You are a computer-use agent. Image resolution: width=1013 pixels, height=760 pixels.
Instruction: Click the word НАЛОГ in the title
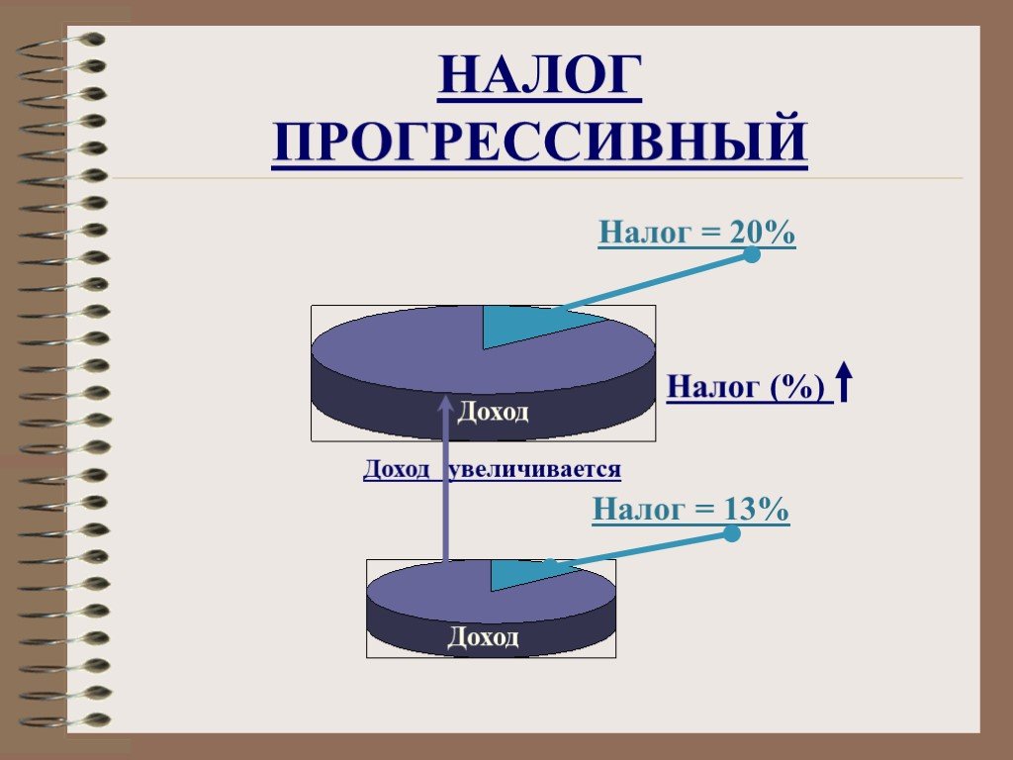(x=539, y=75)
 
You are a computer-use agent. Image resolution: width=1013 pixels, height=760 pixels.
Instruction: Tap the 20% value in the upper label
(x=763, y=232)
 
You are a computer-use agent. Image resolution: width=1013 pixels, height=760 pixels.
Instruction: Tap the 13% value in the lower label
(x=756, y=510)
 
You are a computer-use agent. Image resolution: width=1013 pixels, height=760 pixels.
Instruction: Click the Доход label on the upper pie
(x=493, y=412)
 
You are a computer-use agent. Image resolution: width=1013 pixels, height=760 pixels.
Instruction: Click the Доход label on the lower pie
(x=483, y=637)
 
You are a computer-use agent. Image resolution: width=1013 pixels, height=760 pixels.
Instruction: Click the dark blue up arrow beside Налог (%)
(x=844, y=381)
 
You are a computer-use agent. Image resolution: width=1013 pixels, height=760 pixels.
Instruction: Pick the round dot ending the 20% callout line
(x=752, y=254)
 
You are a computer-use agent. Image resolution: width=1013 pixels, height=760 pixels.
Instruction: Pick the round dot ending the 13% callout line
(x=731, y=533)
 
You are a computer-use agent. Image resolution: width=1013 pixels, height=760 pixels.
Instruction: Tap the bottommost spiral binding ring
(x=61, y=719)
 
